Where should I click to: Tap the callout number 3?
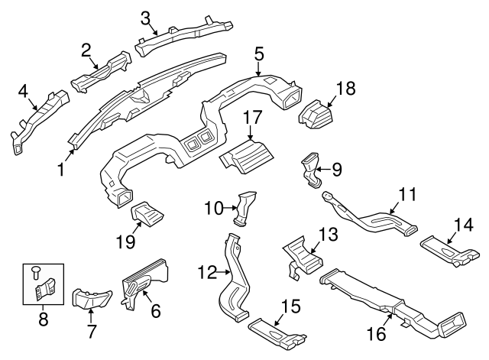[145, 16]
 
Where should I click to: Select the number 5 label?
[259, 54]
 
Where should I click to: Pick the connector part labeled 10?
[244, 208]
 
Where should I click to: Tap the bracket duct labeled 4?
[40, 122]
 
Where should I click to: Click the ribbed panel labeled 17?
[245, 155]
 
